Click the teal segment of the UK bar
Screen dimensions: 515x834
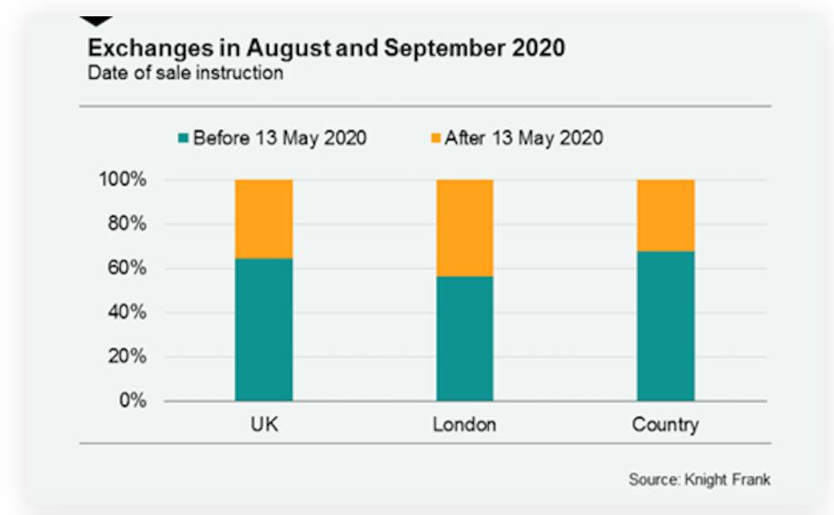[263, 329]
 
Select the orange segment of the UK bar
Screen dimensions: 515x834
[263, 219]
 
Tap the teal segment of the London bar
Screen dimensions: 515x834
[464, 338]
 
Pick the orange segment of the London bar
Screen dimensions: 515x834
[464, 228]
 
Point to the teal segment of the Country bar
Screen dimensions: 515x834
[666, 325]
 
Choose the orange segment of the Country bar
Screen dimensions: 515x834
[666, 215]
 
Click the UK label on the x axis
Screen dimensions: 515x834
[264, 424]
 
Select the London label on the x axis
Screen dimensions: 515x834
[464, 424]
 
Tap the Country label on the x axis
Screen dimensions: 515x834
[666, 425]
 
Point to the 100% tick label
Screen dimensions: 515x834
[122, 180]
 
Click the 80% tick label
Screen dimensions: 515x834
[126, 224]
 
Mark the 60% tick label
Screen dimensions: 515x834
[126, 268]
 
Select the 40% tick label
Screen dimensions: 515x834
[126, 312]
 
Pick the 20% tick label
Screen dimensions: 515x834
[126, 357]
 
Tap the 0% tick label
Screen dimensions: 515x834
[132, 401]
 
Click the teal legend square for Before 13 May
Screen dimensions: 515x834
[184, 138]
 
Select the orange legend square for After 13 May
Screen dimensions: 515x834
[435, 138]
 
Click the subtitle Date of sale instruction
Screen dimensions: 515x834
[185, 73]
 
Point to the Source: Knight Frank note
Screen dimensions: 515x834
[699, 479]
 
